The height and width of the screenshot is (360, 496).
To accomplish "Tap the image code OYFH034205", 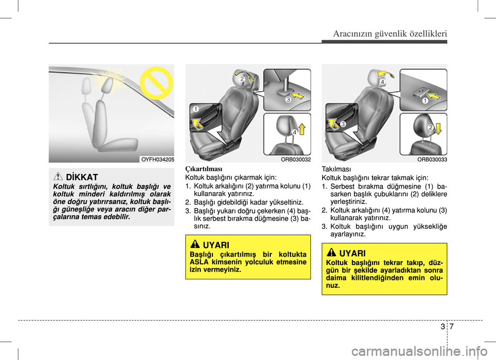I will (x=158, y=160).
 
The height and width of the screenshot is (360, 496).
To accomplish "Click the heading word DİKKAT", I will (x=82, y=177).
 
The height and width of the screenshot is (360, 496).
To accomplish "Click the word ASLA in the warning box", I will (x=199, y=262).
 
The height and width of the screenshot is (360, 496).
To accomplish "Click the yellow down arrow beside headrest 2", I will (x=439, y=129).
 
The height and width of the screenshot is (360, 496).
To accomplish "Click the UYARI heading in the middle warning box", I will (x=216, y=245).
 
